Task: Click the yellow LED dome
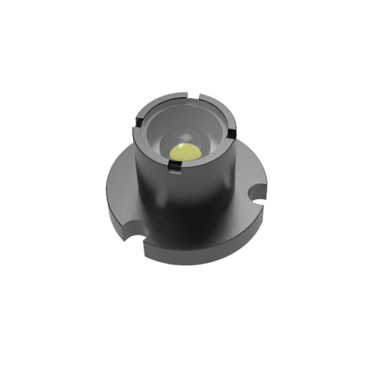(186, 152)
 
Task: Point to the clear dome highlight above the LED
(184, 136)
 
